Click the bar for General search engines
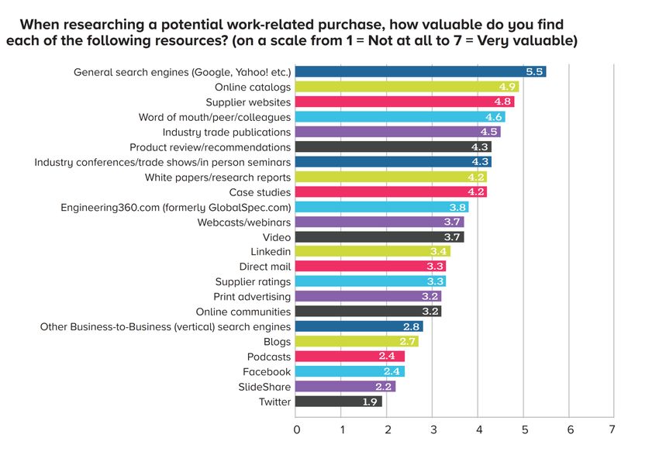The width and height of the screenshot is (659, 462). click(x=421, y=72)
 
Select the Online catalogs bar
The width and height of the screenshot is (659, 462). click(x=407, y=87)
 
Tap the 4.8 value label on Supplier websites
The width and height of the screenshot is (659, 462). click(x=502, y=102)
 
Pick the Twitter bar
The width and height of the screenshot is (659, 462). click(x=339, y=402)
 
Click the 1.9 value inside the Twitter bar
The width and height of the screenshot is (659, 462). click(x=371, y=402)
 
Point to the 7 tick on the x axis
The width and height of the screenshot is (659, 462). click(x=612, y=429)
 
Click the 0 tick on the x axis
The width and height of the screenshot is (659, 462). click(x=296, y=429)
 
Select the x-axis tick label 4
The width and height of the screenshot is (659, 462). click(x=478, y=429)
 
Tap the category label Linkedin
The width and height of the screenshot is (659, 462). click(x=271, y=252)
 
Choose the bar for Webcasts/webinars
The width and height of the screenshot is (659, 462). click(x=380, y=222)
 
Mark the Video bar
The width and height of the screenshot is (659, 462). click(x=380, y=236)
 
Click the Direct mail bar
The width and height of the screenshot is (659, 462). click(x=371, y=267)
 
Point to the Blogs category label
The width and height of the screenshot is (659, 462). click(x=277, y=342)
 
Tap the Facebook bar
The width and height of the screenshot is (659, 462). click(x=350, y=371)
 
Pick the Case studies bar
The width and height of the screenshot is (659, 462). click(x=392, y=191)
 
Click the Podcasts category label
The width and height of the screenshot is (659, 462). click(x=269, y=357)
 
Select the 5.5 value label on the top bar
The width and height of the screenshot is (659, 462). click(x=534, y=72)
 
